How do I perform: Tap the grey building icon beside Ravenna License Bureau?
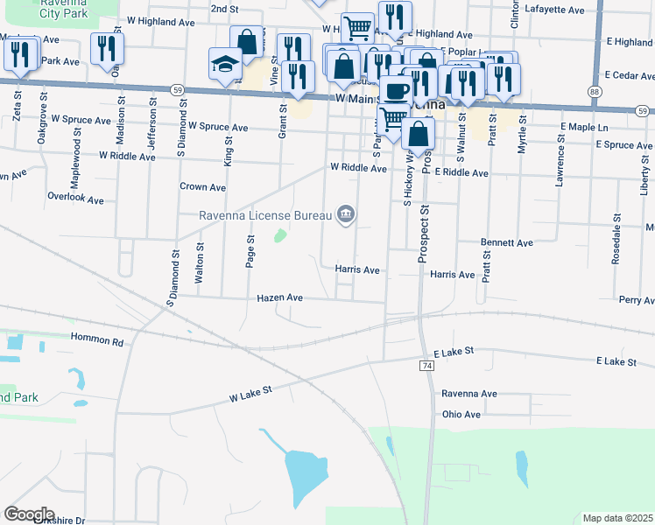[346, 214]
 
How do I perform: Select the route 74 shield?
[427, 364]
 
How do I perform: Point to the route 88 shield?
[595, 92]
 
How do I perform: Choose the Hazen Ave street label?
[279, 298]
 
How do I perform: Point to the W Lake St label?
[251, 396]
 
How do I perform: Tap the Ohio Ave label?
[461, 414]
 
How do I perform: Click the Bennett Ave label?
[506, 242]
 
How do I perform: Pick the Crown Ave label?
[203, 187]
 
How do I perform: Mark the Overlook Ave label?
[75, 199]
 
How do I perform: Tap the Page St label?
[250, 251]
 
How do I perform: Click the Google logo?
[29, 514]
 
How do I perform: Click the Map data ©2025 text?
[617, 518]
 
